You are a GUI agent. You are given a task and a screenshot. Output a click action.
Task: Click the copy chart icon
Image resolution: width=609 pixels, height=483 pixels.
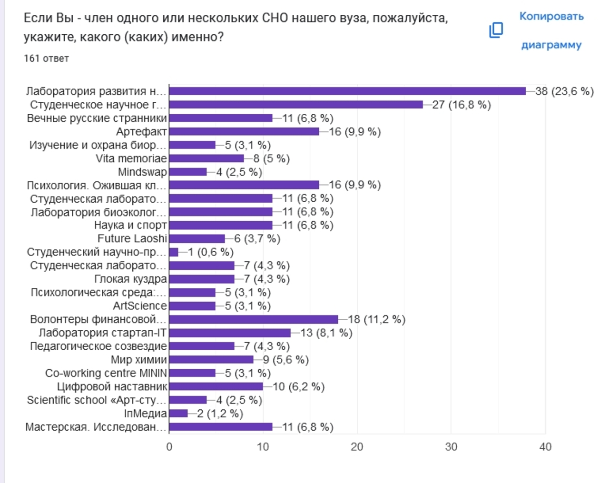coord(496,30)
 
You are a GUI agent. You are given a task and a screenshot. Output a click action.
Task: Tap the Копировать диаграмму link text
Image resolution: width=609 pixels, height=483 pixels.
coord(551,30)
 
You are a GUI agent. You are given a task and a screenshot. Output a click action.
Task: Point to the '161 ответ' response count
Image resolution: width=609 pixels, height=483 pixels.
coord(46,59)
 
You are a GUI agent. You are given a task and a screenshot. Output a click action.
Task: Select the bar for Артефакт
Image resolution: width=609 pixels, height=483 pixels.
coord(244,131)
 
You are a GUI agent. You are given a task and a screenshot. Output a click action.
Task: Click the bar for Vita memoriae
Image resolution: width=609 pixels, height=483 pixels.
coord(206,158)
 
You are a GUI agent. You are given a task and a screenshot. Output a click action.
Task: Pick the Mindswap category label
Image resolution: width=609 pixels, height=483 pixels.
coord(142,172)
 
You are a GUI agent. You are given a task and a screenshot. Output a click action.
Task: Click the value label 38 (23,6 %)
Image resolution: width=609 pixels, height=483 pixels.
coord(564,91)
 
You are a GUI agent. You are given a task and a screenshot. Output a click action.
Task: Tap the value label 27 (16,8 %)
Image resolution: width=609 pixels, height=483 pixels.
coord(461,105)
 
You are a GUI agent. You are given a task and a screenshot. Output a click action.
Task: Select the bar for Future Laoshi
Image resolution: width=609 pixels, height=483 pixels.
coord(197,238)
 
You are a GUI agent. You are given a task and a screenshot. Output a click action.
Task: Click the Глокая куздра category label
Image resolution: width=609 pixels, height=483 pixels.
coord(130,279)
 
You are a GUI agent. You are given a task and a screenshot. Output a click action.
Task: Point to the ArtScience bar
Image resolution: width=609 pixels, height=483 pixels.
coord(192,306)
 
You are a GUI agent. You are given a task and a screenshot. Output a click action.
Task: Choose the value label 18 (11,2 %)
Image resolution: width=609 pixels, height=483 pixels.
coord(376,319)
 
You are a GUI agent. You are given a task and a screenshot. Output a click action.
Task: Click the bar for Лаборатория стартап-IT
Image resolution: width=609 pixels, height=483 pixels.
coord(230,333)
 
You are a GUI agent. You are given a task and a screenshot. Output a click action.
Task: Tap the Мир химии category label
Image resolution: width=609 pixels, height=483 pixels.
coord(139,360)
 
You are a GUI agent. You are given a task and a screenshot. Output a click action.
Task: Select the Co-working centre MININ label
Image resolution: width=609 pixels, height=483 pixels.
coord(106,373)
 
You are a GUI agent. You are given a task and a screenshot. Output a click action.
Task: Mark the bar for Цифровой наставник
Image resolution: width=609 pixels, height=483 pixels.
coord(216,386)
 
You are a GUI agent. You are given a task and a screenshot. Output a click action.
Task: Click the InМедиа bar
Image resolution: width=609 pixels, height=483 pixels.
coord(178,414)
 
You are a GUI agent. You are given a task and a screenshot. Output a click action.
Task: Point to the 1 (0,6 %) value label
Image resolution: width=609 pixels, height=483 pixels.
coord(210,252)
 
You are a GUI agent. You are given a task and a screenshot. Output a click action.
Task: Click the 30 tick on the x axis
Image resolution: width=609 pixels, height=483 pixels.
coord(451,447)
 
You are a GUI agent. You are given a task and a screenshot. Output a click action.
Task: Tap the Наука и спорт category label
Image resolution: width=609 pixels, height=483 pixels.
coord(130,225)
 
